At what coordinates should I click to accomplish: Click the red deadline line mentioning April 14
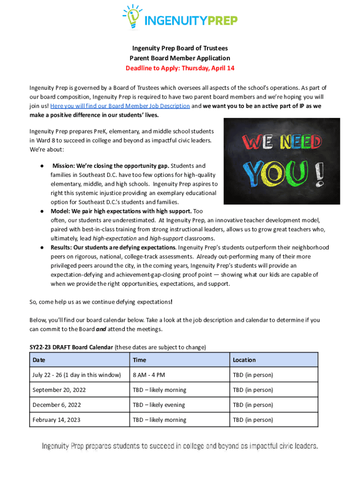pyautogui.click(x=180, y=68)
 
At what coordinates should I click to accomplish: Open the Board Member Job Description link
pyautogui.click(x=120, y=106)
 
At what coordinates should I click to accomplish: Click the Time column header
pyautogui.click(x=139, y=360)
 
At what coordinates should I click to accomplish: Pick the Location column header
pyautogui.click(x=244, y=360)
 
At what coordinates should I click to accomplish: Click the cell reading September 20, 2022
pyautogui.click(x=59, y=390)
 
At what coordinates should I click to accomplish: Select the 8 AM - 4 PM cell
pyautogui.click(x=149, y=375)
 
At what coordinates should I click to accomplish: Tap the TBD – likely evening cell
pyautogui.click(x=159, y=405)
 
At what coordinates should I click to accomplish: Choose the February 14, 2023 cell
pyautogui.click(x=57, y=420)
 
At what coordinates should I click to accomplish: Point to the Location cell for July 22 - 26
pyautogui.click(x=253, y=375)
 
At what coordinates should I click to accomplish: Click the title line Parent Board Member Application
pyautogui.click(x=180, y=58)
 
